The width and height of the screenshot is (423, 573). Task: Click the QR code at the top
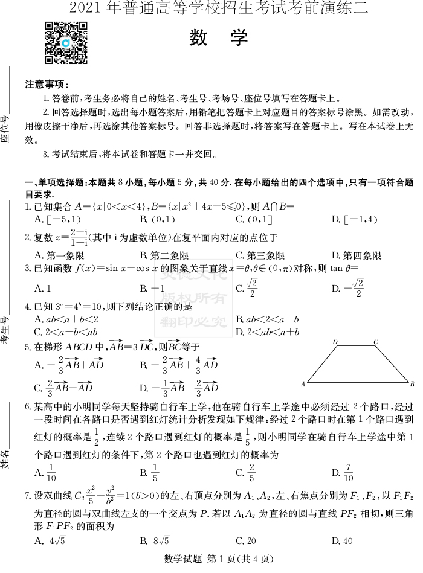click(x=66, y=43)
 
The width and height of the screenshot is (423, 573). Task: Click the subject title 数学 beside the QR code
click(x=219, y=37)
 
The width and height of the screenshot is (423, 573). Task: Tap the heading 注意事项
click(x=47, y=84)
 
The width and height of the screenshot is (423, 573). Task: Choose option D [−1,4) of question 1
click(x=354, y=219)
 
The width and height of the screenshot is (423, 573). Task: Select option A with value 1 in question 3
click(x=42, y=288)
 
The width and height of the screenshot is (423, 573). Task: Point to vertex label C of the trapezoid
click(x=375, y=342)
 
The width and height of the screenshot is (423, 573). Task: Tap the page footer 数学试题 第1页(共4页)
click(x=211, y=560)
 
